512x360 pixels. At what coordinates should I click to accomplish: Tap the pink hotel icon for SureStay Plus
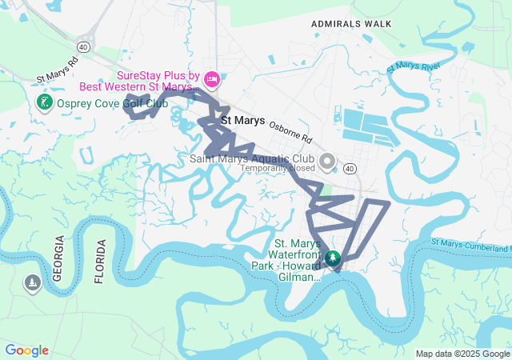tap(212, 78)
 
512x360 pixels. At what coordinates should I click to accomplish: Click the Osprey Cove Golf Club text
tap(111, 102)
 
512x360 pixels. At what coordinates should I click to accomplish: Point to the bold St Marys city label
tap(242, 121)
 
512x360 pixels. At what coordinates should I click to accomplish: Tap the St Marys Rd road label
tap(57, 70)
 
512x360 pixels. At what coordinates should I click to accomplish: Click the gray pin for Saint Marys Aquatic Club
tap(327, 162)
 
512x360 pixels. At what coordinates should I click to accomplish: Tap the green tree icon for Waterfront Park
tap(332, 259)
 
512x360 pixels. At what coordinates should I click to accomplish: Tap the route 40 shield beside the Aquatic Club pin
tap(350, 169)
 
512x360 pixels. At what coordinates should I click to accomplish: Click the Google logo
tap(26, 350)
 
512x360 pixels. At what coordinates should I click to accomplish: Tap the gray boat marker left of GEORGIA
tap(32, 283)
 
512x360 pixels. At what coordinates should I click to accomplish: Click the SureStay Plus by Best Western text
tap(157, 78)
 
